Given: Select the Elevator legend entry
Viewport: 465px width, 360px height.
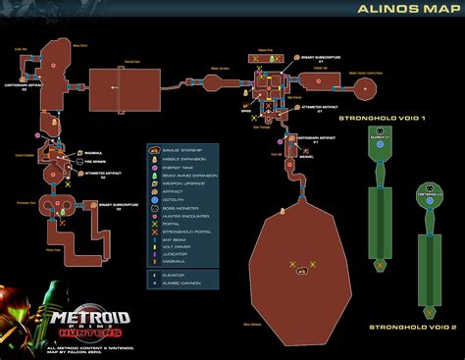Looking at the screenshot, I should [178, 278].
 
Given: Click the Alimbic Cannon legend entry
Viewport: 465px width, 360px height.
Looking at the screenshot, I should [183, 286].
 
